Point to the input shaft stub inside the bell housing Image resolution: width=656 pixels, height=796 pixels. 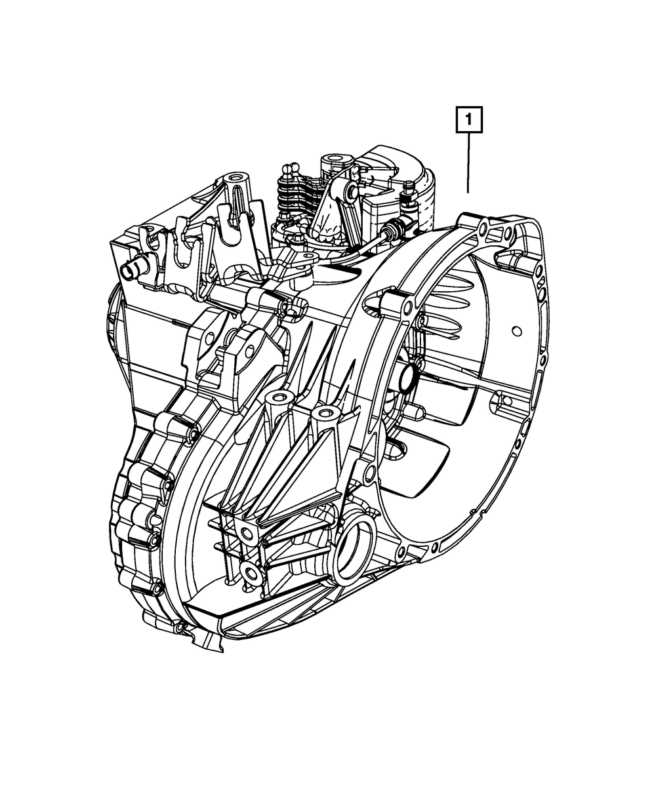tap(405, 380)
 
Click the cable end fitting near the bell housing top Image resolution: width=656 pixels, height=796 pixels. tap(392, 229)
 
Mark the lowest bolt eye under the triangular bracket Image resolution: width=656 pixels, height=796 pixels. tap(249, 572)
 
